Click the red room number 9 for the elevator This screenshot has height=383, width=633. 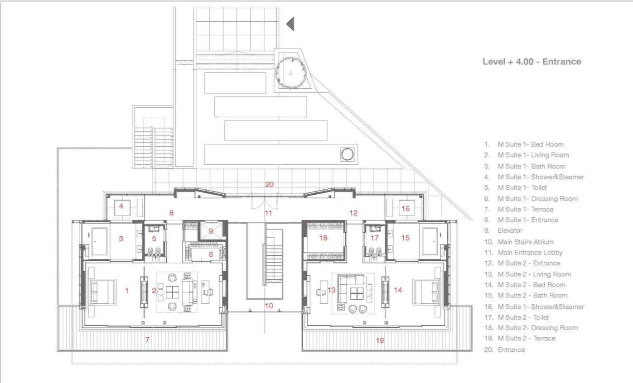(x=211, y=231)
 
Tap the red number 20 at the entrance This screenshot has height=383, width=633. (x=270, y=184)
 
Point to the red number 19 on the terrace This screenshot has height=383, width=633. (x=380, y=340)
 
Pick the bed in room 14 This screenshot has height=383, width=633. (x=425, y=291)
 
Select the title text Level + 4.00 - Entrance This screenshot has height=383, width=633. (x=532, y=62)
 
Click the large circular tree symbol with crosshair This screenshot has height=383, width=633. (x=291, y=73)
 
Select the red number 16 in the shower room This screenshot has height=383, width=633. (x=405, y=208)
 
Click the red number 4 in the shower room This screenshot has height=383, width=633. (x=121, y=206)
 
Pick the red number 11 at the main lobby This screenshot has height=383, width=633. (x=268, y=212)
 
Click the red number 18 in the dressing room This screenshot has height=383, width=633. (x=323, y=238)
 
